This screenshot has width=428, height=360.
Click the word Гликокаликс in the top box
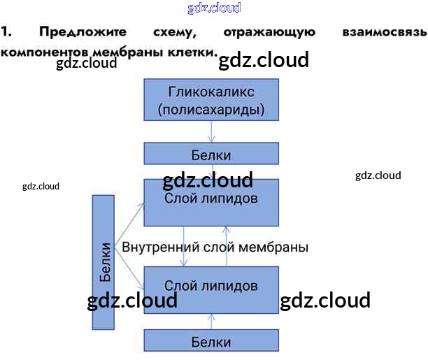click(211, 92)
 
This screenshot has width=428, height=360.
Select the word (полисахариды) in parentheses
click(211, 109)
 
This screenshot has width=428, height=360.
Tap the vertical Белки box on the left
click(104, 261)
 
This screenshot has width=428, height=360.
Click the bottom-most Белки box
click(211, 341)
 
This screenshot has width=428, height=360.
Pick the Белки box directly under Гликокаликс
click(211, 154)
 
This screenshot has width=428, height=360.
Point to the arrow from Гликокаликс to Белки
click(211, 131)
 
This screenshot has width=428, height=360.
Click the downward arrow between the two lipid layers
click(184, 246)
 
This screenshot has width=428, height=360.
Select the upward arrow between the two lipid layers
click(226, 246)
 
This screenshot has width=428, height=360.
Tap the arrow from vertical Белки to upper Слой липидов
click(129, 223)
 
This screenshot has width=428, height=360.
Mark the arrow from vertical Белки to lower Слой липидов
click(129, 269)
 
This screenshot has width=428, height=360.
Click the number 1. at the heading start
click(6, 32)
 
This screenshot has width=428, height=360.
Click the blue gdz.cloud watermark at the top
click(214, 8)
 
